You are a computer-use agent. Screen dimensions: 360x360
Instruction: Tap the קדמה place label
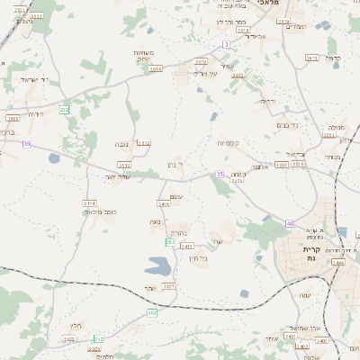[334, 58]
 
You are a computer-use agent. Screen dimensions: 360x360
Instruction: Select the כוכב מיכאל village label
[105, 211]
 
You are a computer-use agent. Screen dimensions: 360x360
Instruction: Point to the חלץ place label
[76, 326]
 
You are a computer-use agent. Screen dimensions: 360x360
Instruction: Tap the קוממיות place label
[227, 143]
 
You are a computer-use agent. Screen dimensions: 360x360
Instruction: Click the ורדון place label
[267, 102]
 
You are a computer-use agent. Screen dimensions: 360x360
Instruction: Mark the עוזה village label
[268, 338]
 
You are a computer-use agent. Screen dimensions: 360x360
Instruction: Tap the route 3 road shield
[226, 44]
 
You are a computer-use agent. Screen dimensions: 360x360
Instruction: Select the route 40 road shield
[290, 223]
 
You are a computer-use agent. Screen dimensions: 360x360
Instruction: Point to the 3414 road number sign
[89, 203]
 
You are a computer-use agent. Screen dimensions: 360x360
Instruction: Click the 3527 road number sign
[168, 285]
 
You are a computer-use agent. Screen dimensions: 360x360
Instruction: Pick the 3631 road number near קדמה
[312, 58]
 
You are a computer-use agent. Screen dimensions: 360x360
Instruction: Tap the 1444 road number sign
[337, 262]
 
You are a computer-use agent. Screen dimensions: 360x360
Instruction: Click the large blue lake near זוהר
[157, 267]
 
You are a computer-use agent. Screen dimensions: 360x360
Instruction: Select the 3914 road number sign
[157, 68]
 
